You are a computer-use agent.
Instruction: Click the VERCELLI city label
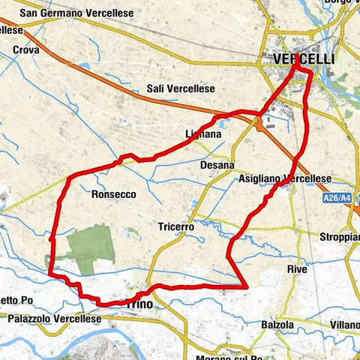pos(304,58)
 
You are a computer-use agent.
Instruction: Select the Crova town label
pos(26,50)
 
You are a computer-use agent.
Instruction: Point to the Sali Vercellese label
pos(181,88)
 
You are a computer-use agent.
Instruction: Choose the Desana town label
pos(217,164)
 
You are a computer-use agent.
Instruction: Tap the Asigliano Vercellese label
pos(284,178)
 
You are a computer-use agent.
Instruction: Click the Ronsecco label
pos(113,193)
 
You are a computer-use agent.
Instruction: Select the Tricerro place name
pos(177,226)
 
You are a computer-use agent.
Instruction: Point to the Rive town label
pos(297,268)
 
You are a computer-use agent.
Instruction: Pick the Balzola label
pos(277,325)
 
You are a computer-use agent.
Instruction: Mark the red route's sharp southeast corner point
pos(246,286)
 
